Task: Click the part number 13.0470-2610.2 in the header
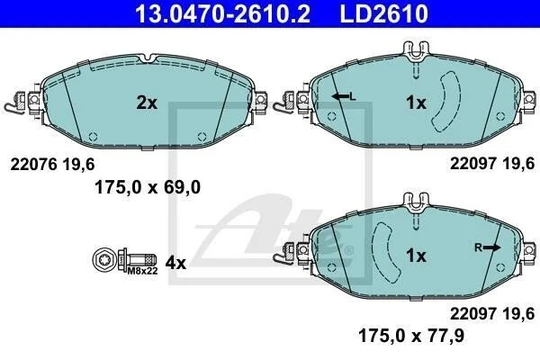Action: coord(222,13)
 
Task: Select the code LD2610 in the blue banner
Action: coord(384,13)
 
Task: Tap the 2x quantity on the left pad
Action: coord(147,103)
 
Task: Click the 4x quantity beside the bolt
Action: coord(175,263)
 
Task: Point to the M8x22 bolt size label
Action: coord(142,271)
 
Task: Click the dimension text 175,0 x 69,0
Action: coord(148,188)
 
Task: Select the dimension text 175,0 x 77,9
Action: coord(411,335)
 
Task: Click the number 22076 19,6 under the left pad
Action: coord(52,165)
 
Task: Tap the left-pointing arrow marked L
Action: coord(340,97)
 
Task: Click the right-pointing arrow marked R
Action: coord(491,247)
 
